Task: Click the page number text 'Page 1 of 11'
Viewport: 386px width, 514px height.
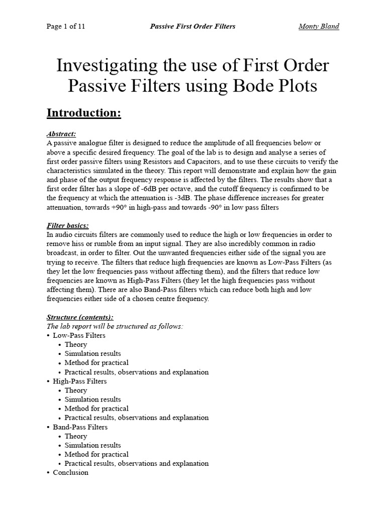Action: [66, 27]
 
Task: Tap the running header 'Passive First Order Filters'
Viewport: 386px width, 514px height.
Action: [192, 27]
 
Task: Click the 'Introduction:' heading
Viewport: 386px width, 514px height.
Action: [84, 113]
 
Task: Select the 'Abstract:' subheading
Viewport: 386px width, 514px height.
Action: [61, 134]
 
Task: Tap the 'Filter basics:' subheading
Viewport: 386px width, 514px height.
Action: [67, 226]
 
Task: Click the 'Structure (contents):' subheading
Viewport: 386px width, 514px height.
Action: [80, 317]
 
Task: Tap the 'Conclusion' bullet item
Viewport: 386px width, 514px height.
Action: [70, 472]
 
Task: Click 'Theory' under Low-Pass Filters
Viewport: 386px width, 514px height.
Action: [76, 344]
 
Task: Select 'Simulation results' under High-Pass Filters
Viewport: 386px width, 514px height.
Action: [93, 400]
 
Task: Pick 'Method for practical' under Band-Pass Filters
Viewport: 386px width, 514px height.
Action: [96, 454]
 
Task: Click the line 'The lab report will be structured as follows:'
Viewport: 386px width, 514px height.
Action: [115, 326]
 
